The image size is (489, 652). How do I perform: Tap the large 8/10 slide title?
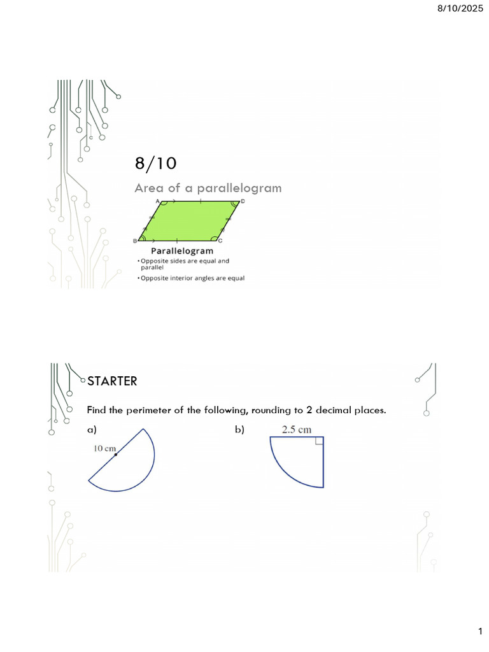click(155, 164)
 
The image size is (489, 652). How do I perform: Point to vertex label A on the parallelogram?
click(157, 201)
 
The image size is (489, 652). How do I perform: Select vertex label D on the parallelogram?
click(242, 201)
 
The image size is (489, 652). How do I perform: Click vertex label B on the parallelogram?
click(135, 241)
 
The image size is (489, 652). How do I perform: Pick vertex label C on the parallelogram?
click(220, 241)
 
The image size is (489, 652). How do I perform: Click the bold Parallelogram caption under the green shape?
click(182, 251)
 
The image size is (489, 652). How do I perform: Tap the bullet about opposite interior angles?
click(191, 278)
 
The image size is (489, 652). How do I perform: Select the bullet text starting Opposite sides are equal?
click(184, 261)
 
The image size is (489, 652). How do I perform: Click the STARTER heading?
click(112, 381)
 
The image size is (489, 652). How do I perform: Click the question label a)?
click(92, 430)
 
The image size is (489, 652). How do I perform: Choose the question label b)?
click(239, 430)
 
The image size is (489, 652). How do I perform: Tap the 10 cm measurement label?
click(104, 448)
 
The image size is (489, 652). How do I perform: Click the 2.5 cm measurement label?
click(297, 429)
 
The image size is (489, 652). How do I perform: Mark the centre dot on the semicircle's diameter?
click(116, 455)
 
